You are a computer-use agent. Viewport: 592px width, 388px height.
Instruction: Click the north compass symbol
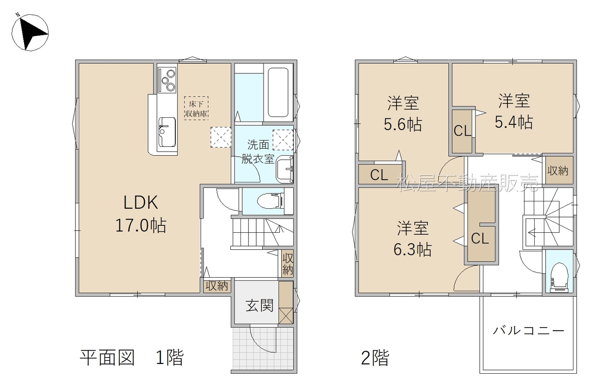pos(30,32)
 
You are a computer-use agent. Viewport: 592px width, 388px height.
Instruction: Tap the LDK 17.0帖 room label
pos(141,214)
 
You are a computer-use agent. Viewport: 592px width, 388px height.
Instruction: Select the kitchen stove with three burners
pos(167,80)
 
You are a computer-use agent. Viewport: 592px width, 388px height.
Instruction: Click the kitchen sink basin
pos(167,132)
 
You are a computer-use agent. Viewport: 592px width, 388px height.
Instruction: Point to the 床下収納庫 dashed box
pos(197,108)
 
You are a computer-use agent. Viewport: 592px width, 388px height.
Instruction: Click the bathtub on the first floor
pos(278,92)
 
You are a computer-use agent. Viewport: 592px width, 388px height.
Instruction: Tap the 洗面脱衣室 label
pos(258,152)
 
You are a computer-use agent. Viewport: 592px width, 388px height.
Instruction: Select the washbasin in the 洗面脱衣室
pos(284,169)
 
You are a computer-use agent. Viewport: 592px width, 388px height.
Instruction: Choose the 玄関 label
pos(259,306)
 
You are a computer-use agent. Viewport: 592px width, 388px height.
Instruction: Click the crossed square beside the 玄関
pos(286,315)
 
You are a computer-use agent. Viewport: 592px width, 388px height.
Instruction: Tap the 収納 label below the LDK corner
pos(217,285)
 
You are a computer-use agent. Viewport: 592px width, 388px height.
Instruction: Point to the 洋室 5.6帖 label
pos(403,114)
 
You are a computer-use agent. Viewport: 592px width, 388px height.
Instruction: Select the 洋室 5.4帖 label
pos(514,111)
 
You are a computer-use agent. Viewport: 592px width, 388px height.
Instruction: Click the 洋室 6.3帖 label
pos(413,239)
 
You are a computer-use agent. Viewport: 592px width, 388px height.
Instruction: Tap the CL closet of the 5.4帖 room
pos(462,131)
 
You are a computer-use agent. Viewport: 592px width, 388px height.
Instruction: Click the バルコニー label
pos(529,331)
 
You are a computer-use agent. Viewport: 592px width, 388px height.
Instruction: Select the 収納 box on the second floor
pos(560,170)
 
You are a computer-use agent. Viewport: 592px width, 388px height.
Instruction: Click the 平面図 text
pos(107,358)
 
